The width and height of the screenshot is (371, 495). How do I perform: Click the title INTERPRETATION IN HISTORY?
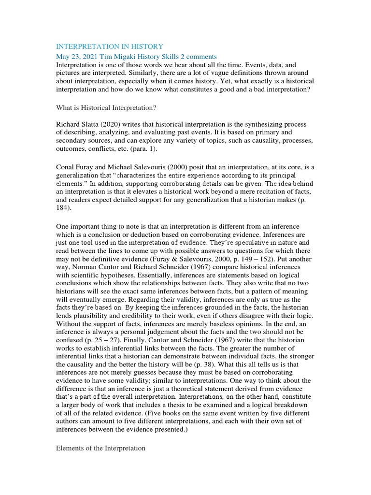point(110,46)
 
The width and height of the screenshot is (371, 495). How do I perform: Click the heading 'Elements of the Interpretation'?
point(100,448)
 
